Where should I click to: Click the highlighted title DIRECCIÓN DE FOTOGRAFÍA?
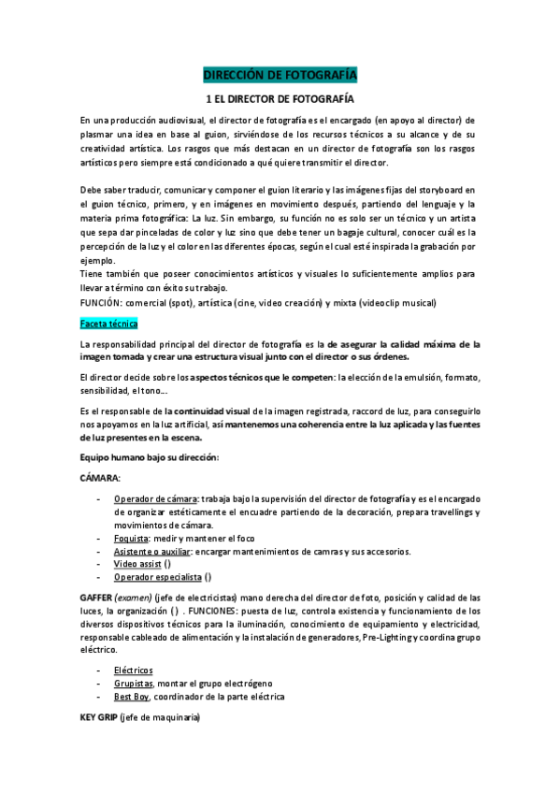(280, 75)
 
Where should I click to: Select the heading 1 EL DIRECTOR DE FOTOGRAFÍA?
(280, 98)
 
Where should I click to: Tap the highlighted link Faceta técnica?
(108, 324)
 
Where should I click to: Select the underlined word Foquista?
(131, 539)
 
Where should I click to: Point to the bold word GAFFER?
(96, 597)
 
